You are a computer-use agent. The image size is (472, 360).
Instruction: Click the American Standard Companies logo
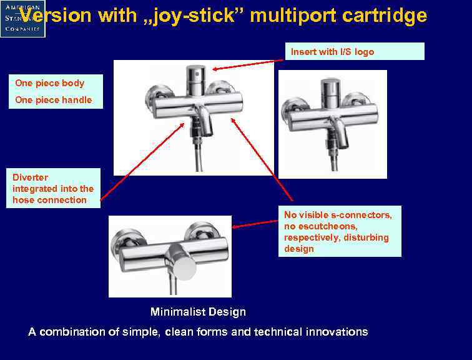click(x=22, y=19)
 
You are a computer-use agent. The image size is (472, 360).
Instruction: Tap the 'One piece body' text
click(x=50, y=83)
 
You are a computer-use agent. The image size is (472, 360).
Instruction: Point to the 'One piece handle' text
click(x=54, y=100)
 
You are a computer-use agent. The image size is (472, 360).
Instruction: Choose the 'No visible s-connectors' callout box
click(x=339, y=231)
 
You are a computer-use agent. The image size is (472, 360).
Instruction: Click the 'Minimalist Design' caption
click(x=198, y=312)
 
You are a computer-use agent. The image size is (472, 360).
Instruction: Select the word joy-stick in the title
click(x=193, y=16)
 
